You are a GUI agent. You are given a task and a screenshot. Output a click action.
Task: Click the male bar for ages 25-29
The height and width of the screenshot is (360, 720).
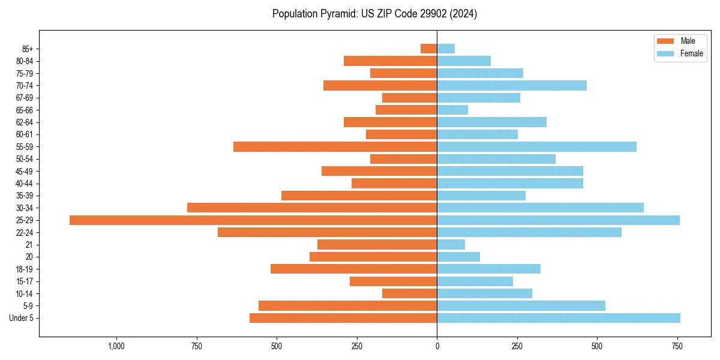click(253, 220)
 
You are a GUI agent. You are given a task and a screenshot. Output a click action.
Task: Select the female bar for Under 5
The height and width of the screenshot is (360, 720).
click(558, 318)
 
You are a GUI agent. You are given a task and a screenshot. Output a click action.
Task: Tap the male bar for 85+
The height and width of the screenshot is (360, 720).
click(428, 49)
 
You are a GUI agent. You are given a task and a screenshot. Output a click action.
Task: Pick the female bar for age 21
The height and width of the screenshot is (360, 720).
click(451, 245)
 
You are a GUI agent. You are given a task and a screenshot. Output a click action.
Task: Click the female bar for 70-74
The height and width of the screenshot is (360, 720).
click(511, 86)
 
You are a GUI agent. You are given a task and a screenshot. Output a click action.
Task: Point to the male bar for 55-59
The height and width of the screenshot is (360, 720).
click(335, 147)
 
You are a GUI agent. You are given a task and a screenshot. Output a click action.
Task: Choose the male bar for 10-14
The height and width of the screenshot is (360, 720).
click(409, 293)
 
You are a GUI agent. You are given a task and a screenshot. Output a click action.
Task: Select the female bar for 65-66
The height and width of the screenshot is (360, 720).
click(452, 110)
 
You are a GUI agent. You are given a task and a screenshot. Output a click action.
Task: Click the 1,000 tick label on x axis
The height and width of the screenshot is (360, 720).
click(116, 346)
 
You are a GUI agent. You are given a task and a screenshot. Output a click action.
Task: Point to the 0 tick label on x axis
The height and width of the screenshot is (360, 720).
click(437, 346)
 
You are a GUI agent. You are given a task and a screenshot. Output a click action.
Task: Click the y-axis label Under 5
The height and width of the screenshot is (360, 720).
click(21, 318)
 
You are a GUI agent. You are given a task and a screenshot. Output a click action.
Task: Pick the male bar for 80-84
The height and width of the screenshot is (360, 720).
click(390, 61)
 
